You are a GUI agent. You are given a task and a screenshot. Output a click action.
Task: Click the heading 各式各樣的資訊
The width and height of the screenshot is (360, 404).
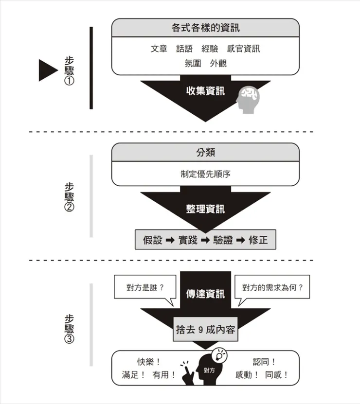(205, 28)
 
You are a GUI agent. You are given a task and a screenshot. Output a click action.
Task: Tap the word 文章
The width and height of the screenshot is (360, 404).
(159, 49)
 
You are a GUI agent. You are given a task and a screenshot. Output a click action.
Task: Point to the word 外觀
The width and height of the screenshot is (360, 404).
(218, 63)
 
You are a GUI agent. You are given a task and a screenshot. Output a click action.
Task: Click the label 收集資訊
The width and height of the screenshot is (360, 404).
(205, 90)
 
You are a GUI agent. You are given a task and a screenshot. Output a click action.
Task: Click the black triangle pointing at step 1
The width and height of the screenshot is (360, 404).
(48, 69)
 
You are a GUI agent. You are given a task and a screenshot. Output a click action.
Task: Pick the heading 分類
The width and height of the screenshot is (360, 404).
(205, 152)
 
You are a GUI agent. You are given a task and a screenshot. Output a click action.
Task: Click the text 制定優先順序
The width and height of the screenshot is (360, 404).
(205, 174)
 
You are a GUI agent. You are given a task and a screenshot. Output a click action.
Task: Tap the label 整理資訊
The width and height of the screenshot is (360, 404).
(205, 209)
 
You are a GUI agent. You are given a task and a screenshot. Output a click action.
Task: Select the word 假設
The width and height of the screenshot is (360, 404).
(153, 240)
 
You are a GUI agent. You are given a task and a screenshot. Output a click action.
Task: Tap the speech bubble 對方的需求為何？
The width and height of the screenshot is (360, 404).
(272, 287)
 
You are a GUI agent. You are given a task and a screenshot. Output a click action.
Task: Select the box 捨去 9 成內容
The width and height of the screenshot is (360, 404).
(205, 330)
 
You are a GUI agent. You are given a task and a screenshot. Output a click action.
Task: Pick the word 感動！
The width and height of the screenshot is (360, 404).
(247, 375)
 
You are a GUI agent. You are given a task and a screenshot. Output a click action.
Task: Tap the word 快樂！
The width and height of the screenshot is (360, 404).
(149, 362)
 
